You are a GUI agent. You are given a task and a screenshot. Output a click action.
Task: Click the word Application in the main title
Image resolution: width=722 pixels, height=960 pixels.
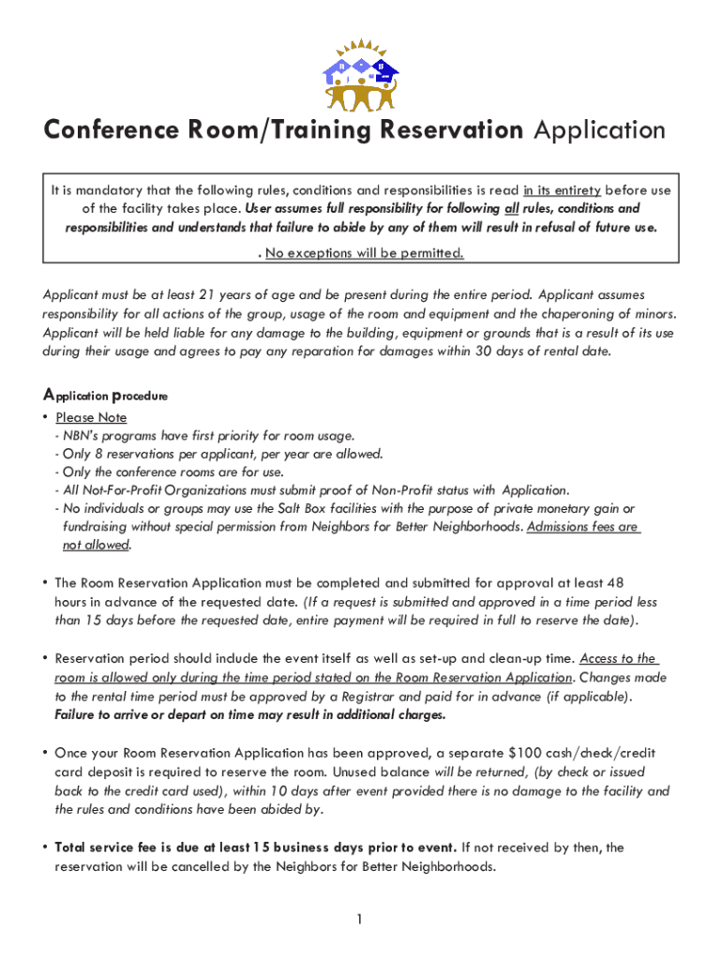pos(599,130)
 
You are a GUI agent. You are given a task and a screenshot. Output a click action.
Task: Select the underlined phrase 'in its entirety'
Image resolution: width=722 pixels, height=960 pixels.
pos(563,190)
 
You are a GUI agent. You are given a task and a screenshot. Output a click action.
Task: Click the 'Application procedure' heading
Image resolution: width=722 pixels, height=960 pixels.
pos(105,396)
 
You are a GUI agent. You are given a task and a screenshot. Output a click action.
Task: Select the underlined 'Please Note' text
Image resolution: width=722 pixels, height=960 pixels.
pos(91,417)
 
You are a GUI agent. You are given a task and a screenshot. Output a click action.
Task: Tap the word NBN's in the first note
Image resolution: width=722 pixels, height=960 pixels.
pos(83,435)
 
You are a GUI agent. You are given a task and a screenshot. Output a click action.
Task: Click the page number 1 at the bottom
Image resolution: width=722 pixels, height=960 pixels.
pos(360,919)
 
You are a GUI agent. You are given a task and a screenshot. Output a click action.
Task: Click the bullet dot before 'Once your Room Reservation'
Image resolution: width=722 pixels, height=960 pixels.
pos(45,753)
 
